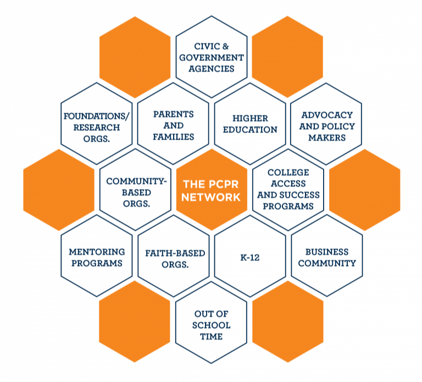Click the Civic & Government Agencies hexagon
pos(211,57)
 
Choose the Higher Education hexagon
pos(250,124)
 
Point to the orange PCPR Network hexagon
pos(212,190)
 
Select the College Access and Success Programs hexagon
pos(288,190)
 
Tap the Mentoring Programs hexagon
pos(96,256)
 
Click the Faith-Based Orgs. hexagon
pos(173,256)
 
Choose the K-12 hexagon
pos(250,256)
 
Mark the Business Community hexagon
pos(326,256)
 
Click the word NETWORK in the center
pos(212,197)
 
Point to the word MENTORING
pos(97,252)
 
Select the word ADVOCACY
pos(327,115)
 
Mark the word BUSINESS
pos(327,252)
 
